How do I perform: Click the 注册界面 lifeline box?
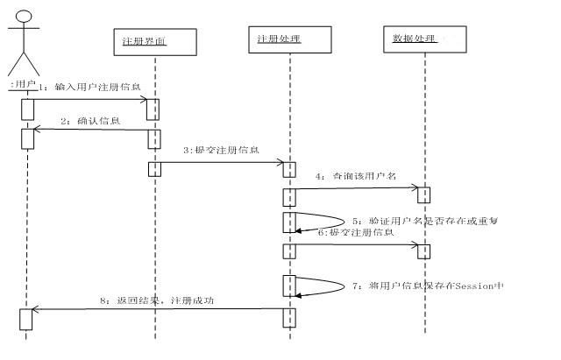point(154,40)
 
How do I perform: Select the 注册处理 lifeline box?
point(290,39)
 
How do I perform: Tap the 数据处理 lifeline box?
point(424,39)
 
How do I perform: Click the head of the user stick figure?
point(25,16)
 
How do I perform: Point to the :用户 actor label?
point(23,85)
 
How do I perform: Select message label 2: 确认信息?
point(91,120)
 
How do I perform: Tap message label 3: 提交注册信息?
point(221,150)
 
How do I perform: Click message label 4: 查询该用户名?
point(357,176)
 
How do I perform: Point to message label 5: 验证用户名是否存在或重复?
point(424,221)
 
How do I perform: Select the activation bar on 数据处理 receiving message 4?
point(424,194)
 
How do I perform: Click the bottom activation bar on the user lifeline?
point(26,319)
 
